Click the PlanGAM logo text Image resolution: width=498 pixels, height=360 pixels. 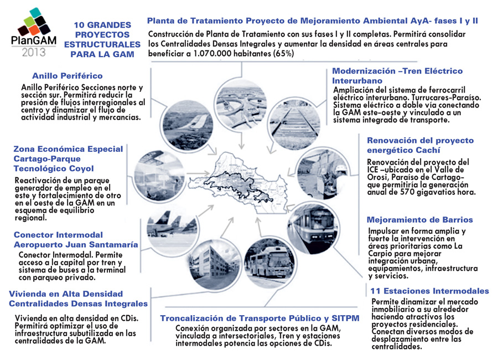coord(34,40)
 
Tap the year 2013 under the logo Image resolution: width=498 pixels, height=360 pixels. coord(34,52)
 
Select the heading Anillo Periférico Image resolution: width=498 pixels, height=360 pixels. coord(68,76)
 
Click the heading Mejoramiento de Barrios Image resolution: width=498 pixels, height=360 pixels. coord(419,220)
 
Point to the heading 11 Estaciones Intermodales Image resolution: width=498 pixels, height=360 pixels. coord(429,291)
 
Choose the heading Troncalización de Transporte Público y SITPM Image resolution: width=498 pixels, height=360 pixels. coord(260,318)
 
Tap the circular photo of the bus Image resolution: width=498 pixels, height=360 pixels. coord(269,263)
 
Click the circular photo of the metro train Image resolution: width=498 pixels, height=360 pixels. coord(313,227)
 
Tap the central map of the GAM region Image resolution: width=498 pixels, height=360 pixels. coord(238,183)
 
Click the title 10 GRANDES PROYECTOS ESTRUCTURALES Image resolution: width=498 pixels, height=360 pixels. coord(102,35)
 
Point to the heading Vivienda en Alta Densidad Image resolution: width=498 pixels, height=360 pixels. coord(66,294)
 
